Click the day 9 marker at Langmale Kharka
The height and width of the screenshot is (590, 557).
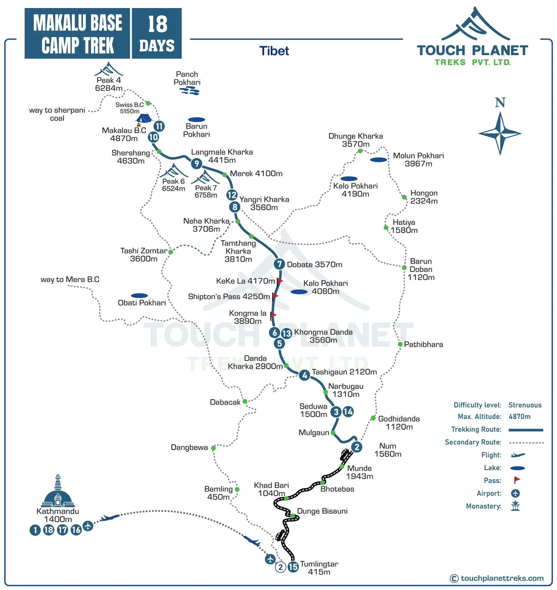coord(196,164)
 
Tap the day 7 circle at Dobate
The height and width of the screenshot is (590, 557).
coord(279,264)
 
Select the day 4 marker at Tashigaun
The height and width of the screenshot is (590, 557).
coord(305,375)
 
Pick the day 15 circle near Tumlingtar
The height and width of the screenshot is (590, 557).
coord(293,567)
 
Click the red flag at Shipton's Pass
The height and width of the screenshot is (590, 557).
coord(275,296)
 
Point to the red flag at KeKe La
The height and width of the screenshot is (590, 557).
coord(280,281)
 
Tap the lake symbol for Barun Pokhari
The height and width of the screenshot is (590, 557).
coord(196,120)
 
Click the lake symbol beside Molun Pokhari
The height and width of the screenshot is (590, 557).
coord(378,160)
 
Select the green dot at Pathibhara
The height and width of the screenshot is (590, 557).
coord(400,344)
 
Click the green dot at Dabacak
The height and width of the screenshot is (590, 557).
coord(245,401)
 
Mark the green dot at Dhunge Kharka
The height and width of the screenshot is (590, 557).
coord(360,151)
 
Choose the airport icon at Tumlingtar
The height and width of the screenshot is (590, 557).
coord(270,559)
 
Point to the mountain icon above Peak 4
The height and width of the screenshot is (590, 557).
coord(109,69)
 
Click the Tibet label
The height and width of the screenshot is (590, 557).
coord(274,51)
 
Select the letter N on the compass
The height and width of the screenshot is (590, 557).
coord(500,103)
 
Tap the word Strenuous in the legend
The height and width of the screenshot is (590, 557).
coord(525,405)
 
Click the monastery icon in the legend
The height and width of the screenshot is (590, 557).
coord(515,506)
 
